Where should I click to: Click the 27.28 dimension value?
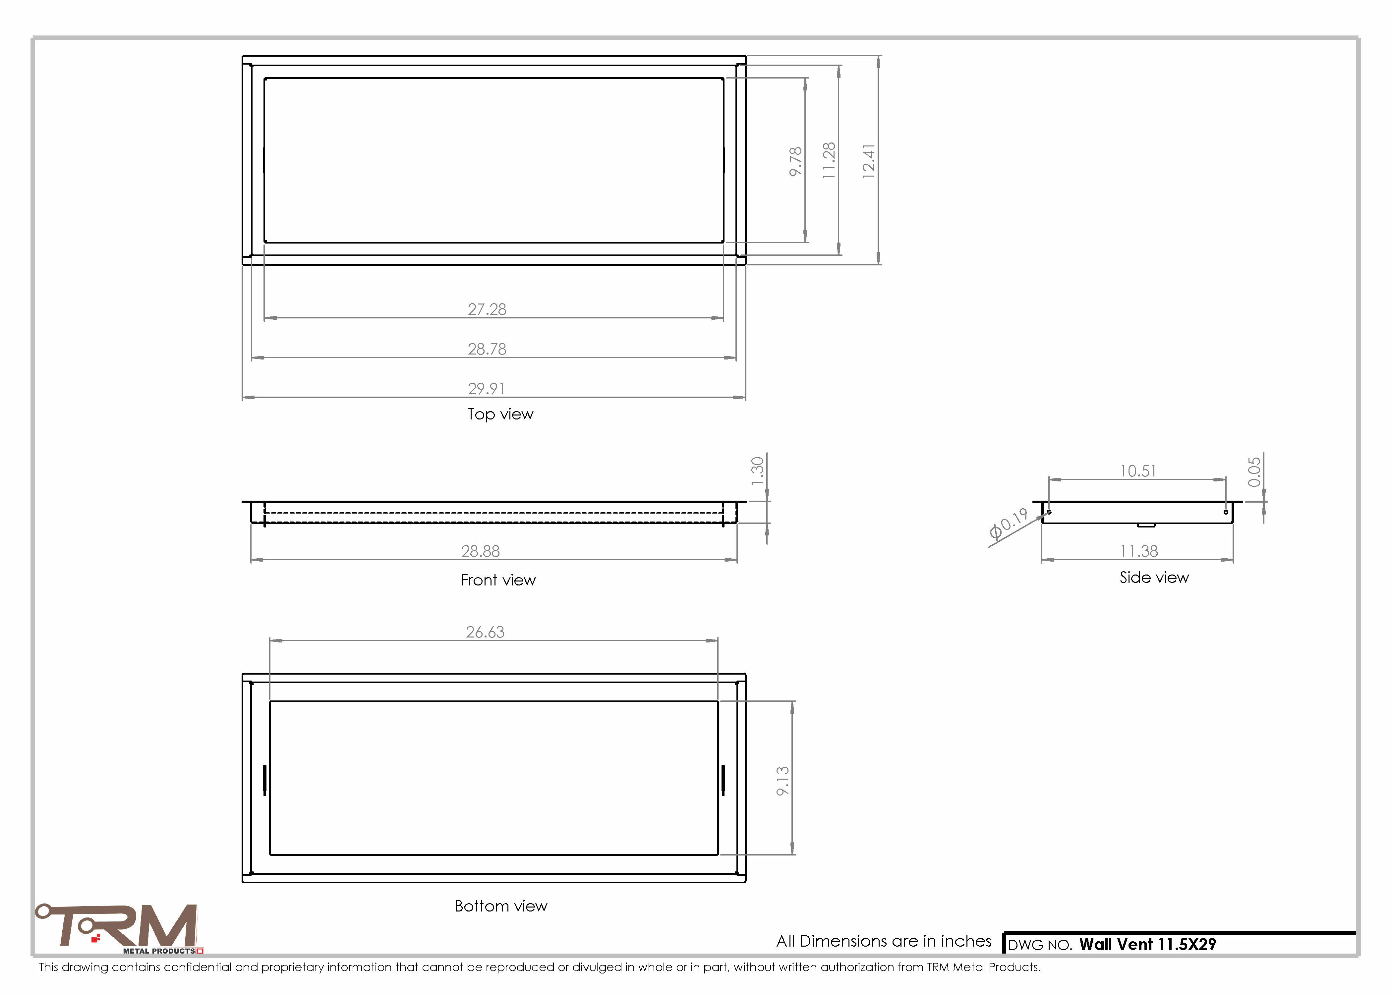click(x=487, y=309)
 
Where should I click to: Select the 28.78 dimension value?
click(x=487, y=349)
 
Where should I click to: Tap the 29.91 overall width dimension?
click(x=487, y=389)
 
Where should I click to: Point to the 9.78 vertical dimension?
click(x=795, y=162)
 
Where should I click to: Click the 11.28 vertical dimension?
click(x=829, y=160)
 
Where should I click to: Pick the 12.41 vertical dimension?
click(x=869, y=161)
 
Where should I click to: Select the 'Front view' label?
click(x=498, y=580)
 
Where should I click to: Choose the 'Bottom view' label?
click(x=501, y=907)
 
